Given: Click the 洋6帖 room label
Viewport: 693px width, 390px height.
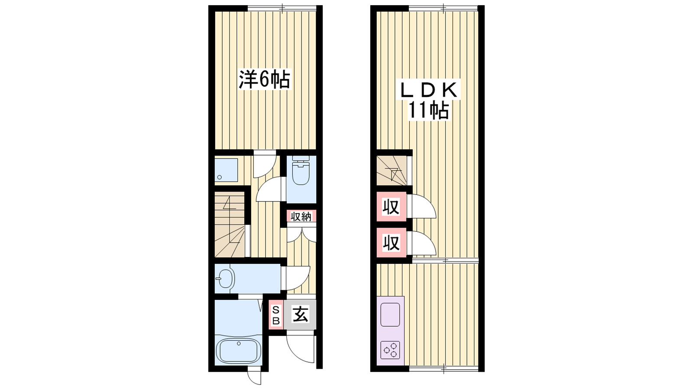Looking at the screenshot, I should (x=264, y=79).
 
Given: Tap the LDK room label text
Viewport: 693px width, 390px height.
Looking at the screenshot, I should (x=427, y=90).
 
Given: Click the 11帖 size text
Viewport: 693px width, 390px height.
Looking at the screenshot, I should (x=427, y=111).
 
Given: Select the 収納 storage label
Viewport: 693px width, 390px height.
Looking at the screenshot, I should (x=301, y=216).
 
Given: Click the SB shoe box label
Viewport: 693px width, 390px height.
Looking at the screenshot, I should (x=275, y=315).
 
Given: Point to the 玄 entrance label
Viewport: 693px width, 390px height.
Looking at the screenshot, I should (x=300, y=314).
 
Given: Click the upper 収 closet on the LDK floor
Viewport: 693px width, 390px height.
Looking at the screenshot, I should (x=391, y=207).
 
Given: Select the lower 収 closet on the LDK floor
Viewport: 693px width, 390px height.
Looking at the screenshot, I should (x=391, y=243).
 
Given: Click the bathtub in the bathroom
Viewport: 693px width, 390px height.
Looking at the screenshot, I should (x=238, y=350).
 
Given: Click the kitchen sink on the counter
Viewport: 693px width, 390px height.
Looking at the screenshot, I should (x=390, y=315).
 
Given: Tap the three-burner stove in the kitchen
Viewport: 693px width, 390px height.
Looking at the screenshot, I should (x=390, y=350).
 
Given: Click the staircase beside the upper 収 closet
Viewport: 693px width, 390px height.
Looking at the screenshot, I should (x=392, y=170).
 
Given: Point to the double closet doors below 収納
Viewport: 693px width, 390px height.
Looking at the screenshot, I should (x=301, y=234).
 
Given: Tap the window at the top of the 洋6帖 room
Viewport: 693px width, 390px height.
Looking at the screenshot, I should (x=282, y=8).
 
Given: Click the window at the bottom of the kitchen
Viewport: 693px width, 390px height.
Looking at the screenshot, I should (x=444, y=369).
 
